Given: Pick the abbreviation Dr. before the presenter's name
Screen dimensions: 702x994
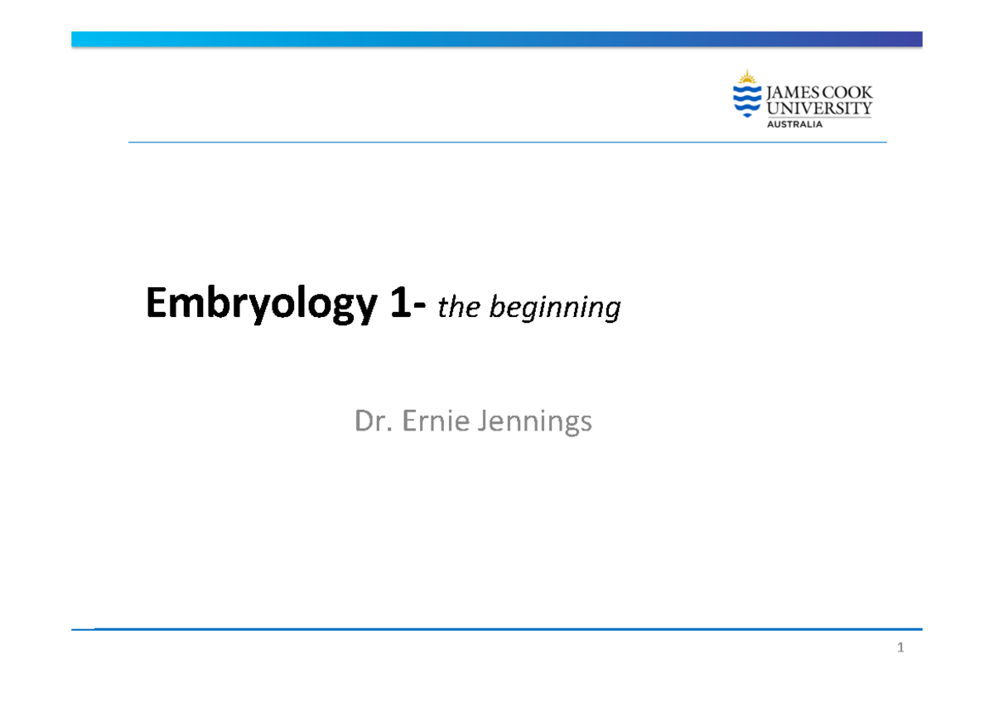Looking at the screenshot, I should [x=374, y=422].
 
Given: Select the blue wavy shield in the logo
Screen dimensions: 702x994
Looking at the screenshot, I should [x=747, y=101].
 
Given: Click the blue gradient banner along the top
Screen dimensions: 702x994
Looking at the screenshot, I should [x=497, y=39].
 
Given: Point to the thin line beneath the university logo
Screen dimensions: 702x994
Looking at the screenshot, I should [x=507, y=142].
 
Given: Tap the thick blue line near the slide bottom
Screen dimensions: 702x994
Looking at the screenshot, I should [x=507, y=629].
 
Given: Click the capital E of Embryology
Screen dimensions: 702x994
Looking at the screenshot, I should [x=155, y=306].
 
